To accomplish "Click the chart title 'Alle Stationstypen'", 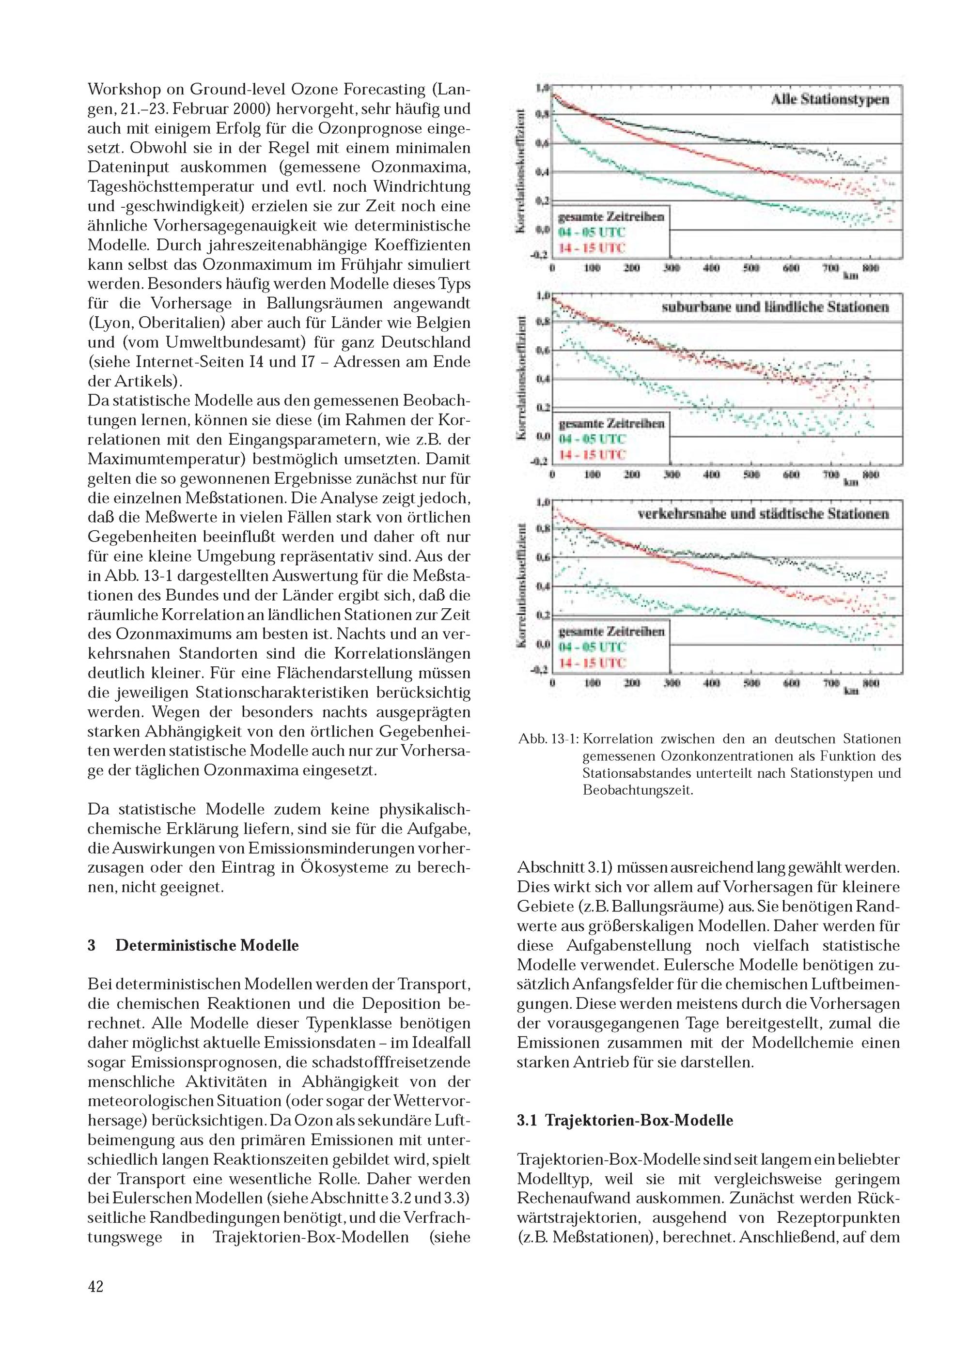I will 829,100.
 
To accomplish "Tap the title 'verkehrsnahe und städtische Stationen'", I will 763,514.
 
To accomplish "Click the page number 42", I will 95,1286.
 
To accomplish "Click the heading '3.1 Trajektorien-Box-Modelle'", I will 625,1120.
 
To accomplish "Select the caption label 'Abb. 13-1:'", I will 548,739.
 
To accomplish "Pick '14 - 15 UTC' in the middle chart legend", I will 591,455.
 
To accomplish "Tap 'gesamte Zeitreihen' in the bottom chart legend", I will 611,631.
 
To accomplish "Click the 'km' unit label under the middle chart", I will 850,482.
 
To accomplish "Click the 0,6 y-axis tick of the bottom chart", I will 542,558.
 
